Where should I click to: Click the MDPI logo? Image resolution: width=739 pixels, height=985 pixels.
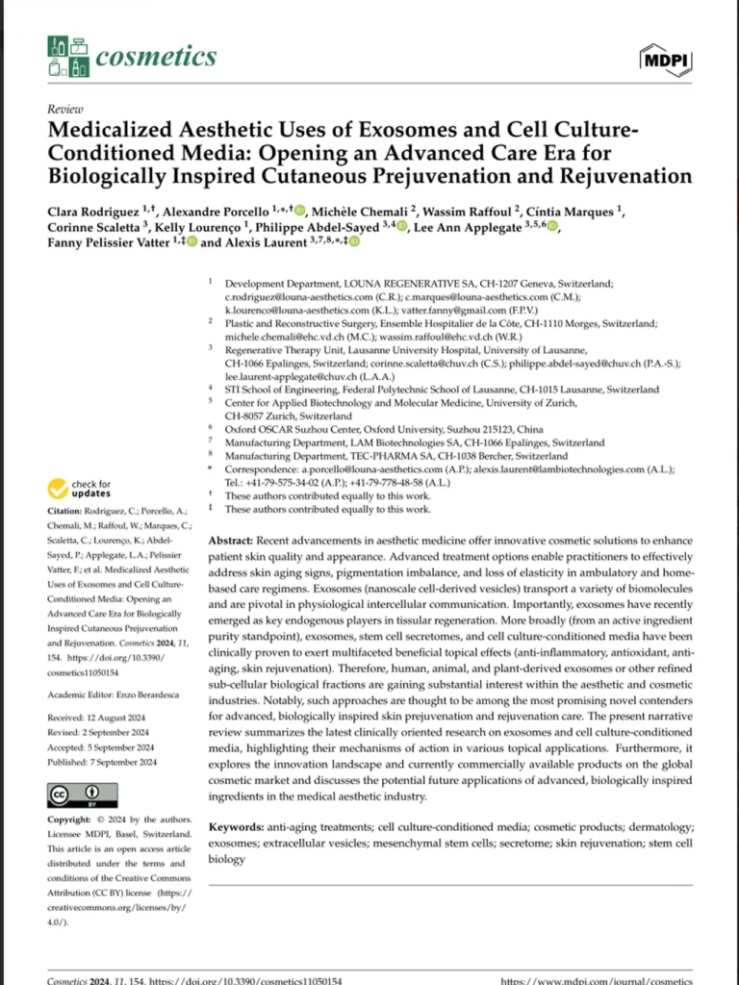click(665, 60)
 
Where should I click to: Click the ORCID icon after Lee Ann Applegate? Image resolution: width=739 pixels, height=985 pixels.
click(551, 227)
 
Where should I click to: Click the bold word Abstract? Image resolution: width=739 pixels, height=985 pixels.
click(231, 543)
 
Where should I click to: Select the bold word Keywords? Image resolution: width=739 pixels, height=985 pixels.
click(237, 827)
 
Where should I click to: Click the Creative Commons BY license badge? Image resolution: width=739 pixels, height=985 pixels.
click(82, 795)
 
